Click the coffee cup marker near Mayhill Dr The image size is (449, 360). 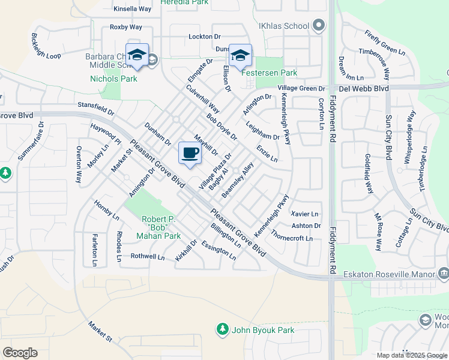190,154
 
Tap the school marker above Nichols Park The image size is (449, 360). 137,55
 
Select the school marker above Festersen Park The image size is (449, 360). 241,56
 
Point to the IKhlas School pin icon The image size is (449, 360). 319,26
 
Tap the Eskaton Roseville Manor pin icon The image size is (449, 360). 443,274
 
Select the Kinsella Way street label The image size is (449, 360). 132,9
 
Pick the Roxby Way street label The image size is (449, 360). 125,27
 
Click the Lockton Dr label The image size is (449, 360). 205,37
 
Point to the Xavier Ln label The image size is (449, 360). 304,214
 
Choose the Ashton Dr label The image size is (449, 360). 306,226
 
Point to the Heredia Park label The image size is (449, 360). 184,2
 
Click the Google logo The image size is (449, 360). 20,352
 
